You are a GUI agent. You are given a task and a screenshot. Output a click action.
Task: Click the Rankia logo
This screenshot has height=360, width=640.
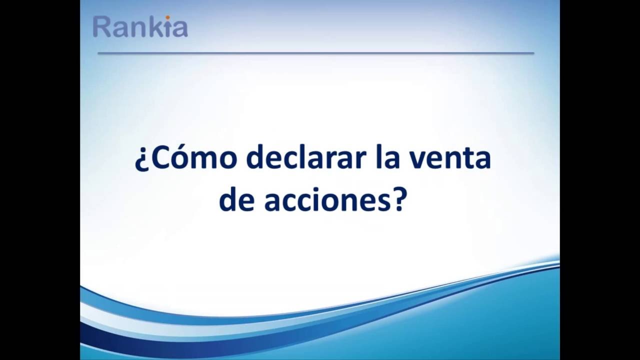(140, 26)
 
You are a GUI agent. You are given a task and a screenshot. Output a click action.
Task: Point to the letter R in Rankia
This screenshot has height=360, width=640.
(101, 27)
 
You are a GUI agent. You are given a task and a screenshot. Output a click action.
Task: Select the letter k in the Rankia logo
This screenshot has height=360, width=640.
(156, 26)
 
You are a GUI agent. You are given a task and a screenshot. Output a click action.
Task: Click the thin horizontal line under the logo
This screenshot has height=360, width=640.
(315, 53)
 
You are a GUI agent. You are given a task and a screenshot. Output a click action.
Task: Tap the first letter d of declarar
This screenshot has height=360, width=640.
(255, 157)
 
